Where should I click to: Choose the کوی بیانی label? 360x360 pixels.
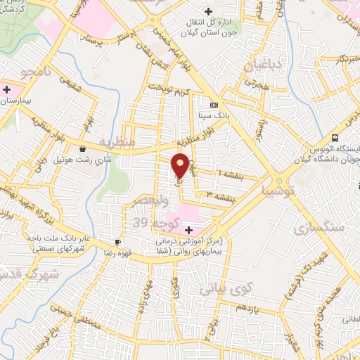[225, 288]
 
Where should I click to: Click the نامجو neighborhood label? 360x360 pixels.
[34, 72]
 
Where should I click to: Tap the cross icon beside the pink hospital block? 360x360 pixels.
[188, 230]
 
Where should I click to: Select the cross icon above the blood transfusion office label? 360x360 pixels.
[207, 11]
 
